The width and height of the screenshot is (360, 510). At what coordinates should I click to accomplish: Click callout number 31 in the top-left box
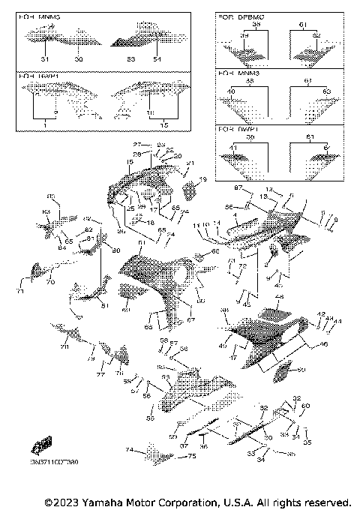pos(44,58)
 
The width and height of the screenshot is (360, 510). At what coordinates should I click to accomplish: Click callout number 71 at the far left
pos(21,291)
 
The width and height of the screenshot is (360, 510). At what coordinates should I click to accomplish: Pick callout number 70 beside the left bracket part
pos(50,282)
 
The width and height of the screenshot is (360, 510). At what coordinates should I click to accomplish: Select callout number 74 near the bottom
pos(130,451)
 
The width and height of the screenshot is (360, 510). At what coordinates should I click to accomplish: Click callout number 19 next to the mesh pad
pos(202,180)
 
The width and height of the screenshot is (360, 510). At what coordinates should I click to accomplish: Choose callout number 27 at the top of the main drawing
pos(137,143)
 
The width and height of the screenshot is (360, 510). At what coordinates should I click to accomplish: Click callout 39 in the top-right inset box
pos(244,36)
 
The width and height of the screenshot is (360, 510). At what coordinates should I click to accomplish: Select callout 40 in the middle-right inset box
pos(230,91)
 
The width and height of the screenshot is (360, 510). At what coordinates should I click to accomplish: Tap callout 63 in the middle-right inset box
pos(325,91)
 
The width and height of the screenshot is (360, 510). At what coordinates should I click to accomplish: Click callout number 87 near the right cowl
pos(238,187)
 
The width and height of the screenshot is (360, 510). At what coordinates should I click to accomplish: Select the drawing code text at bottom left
pos(55,463)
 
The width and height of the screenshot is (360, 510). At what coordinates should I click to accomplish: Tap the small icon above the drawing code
pos(43,445)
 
